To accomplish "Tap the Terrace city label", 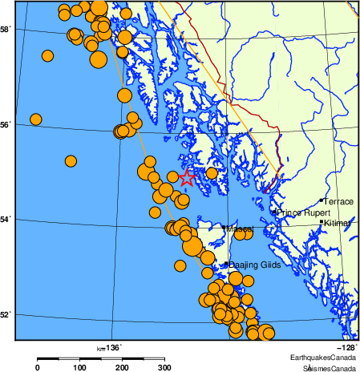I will pos(338,202).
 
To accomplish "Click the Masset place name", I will pos(240,229).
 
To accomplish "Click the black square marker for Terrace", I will pos(322,200).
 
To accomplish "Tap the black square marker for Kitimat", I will pos(322,222).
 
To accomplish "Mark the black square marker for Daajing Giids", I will pos(226,264).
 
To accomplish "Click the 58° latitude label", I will pos(5,30).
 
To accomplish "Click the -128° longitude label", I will pos(346,347).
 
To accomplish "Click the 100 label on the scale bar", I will pos(80,366).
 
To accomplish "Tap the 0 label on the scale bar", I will pos(38,366).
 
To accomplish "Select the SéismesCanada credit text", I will pos(329,367).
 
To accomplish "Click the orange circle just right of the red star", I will pos(212,173).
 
